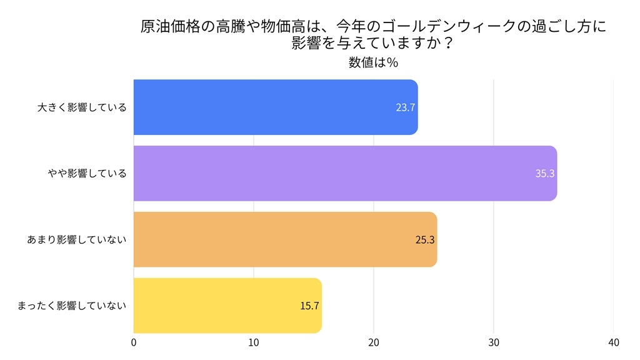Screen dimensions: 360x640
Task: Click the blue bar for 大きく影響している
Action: coord(275,107)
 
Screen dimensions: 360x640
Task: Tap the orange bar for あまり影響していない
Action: coord(285,239)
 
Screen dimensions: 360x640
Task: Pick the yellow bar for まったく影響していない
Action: coord(227,306)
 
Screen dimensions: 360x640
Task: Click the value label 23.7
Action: coord(406,107)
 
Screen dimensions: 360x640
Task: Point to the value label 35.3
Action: coord(545,174)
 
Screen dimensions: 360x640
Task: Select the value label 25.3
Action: coord(425,240)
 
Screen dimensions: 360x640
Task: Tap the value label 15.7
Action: coord(310,306)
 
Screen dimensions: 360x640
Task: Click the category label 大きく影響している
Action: coord(82,107)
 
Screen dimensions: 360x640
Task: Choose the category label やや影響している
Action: coord(87,174)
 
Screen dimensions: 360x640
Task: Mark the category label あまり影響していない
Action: coord(77,240)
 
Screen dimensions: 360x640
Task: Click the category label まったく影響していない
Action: coord(72,306)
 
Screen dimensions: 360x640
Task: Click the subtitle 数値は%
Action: coord(374,62)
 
